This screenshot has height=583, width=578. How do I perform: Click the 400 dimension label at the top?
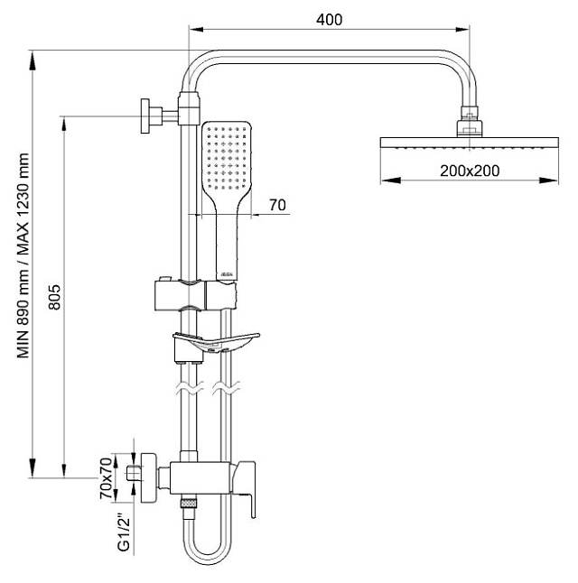(330, 20)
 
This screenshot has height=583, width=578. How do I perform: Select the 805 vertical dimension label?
(53, 297)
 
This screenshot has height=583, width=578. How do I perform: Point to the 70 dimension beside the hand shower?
(276, 206)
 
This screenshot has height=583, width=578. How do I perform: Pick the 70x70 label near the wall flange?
(106, 477)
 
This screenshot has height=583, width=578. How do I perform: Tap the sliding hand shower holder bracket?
(194, 293)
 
